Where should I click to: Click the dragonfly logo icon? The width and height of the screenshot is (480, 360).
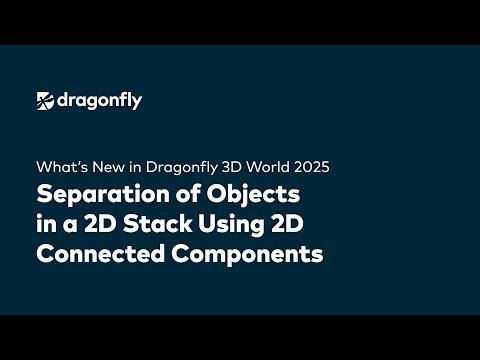point(46,100)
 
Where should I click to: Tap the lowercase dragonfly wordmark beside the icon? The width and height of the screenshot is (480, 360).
point(99,100)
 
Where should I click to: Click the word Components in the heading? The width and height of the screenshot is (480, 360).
point(250,254)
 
